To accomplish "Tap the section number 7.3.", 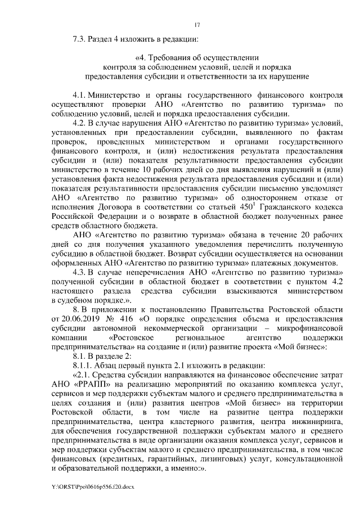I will tap(80, 39).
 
